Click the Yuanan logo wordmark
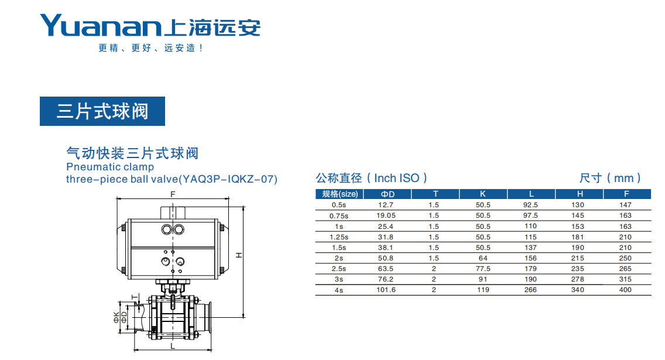pos(101,25)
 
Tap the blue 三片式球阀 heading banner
pos(102,111)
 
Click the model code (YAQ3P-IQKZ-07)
pos(228,179)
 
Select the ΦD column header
pos(388,194)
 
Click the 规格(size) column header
pos(340,194)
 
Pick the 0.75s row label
pos(339,216)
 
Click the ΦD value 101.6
pos(386,290)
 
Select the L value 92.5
pos(530,205)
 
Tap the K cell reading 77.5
pos(482,269)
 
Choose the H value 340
pos(578,290)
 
